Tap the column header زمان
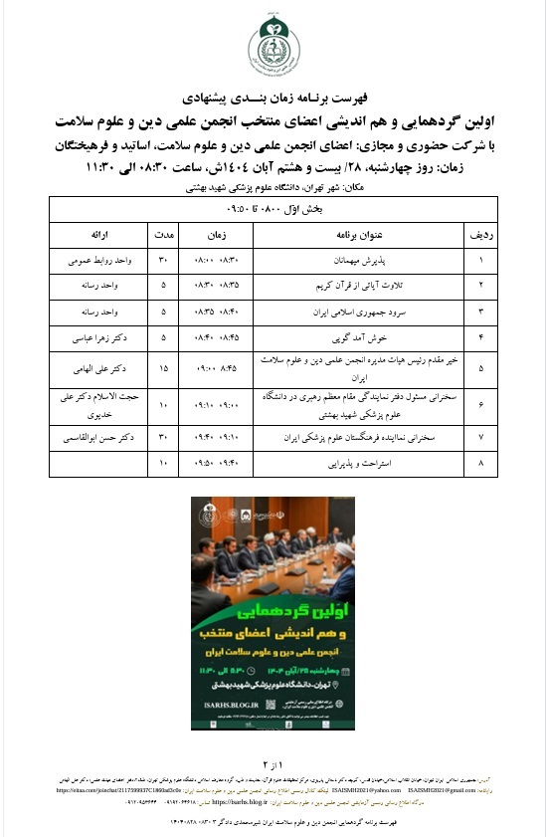click(216, 236)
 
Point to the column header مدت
click(163, 236)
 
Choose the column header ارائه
click(98, 236)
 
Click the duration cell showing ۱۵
click(163, 367)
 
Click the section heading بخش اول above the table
click(273, 211)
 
